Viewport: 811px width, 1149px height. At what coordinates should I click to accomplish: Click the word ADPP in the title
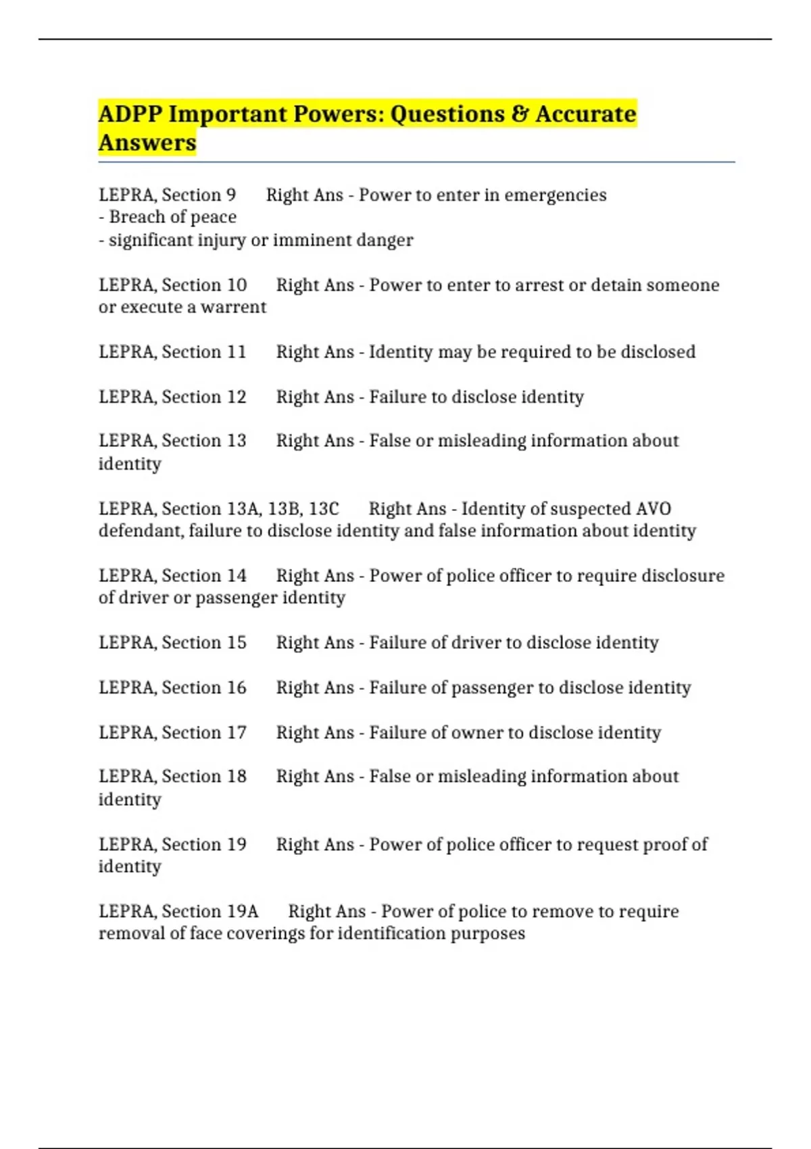click(x=130, y=114)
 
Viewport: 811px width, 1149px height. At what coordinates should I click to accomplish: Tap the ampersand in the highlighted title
click(x=520, y=114)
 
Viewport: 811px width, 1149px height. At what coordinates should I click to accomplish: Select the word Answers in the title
click(x=147, y=143)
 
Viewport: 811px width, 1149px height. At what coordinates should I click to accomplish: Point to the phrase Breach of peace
click(x=172, y=217)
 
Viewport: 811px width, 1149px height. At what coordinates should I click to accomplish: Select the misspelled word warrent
click(x=233, y=308)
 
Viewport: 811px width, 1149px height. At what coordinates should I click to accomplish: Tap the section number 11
click(x=237, y=352)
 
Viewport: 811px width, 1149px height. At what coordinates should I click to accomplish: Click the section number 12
click(x=237, y=397)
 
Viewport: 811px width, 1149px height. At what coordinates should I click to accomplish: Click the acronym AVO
click(x=653, y=509)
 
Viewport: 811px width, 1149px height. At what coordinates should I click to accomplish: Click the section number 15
click(x=237, y=643)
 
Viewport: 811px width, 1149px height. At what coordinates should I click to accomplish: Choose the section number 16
click(x=237, y=688)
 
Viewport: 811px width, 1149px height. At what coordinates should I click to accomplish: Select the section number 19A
click(x=243, y=912)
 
